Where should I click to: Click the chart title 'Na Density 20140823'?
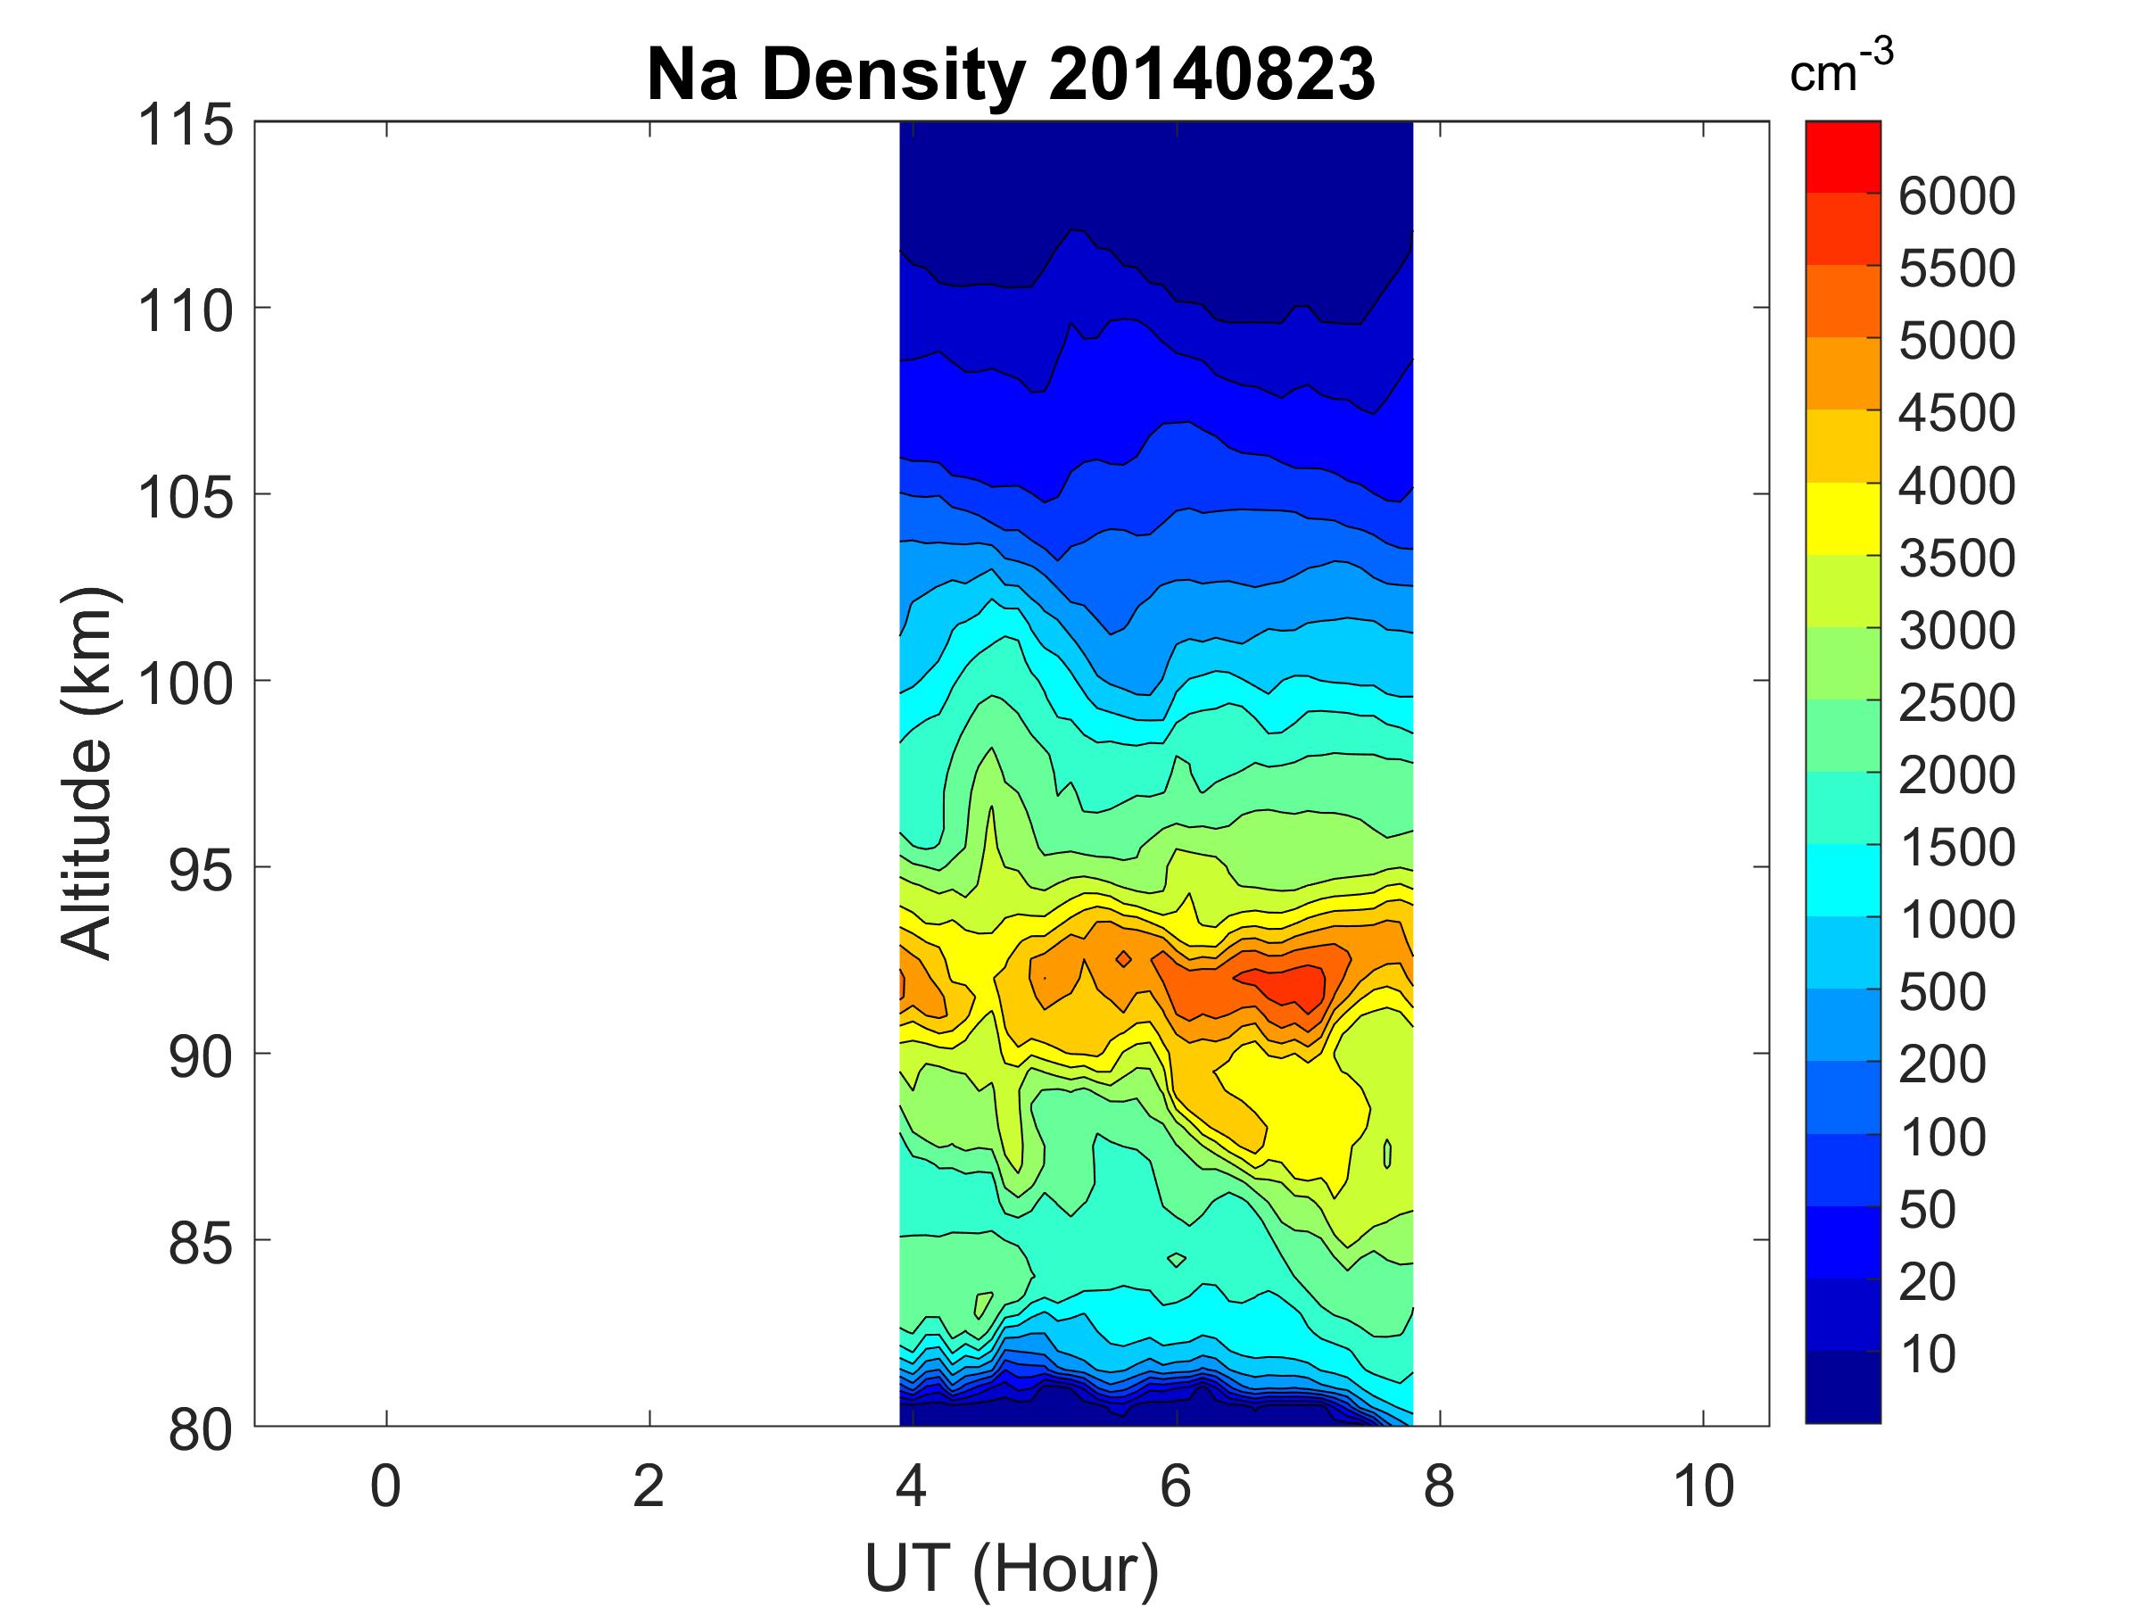(1011, 76)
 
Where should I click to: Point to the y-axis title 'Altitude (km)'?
(87, 773)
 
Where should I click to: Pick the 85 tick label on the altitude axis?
(201, 1242)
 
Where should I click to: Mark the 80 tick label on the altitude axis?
(201, 1428)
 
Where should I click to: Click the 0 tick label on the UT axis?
(385, 1486)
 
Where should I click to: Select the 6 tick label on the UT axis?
(1175, 1486)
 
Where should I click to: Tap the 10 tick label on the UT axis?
(1704, 1486)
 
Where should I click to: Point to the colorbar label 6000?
(1956, 196)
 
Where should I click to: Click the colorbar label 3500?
(1956, 559)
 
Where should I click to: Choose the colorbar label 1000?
(1956, 920)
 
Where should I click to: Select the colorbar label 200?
(1941, 1064)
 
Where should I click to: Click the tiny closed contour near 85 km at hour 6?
(1177, 1260)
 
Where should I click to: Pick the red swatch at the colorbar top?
(1843, 157)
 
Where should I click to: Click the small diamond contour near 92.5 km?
(1123, 958)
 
